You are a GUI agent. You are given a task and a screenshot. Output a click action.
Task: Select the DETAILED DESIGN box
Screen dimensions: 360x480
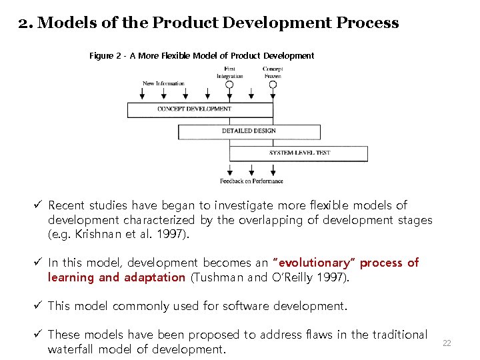pyautogui.click(x=248, y=131)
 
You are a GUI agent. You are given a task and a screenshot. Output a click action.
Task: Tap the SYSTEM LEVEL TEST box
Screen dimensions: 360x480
pyautogui.click(x=299, y=153)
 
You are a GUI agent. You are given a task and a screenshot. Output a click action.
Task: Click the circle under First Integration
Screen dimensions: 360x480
pyautogui.click(x=229, y=85)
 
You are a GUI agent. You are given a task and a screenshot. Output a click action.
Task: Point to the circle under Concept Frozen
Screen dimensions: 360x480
pyautogui.click(x=273, y=85)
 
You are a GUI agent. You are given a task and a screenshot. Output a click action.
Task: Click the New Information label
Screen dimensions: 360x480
pyautogui.click(x=163, y=84)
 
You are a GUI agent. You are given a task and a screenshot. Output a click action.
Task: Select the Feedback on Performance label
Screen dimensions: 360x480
pyautogui.click(x=251, y=181)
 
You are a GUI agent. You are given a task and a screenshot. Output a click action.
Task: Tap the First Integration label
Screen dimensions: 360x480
pyautogui.click(x=229, y=72)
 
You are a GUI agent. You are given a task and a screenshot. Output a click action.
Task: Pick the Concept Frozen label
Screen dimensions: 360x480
pyautogui.click(x=273, y=72)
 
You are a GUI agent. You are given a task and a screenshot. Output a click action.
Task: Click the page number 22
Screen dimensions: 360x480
pyautogui.click(x=447, y=343)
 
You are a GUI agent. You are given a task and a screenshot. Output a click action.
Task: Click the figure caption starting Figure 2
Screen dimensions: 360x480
pyautogui.click(x=201, y=56)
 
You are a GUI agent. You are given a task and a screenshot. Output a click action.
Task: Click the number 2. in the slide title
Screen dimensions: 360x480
pyautogui.click(x=26, y=23)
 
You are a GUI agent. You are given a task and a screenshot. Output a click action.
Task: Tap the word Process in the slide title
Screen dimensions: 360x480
pyautogui.click(x=367, y=23)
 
